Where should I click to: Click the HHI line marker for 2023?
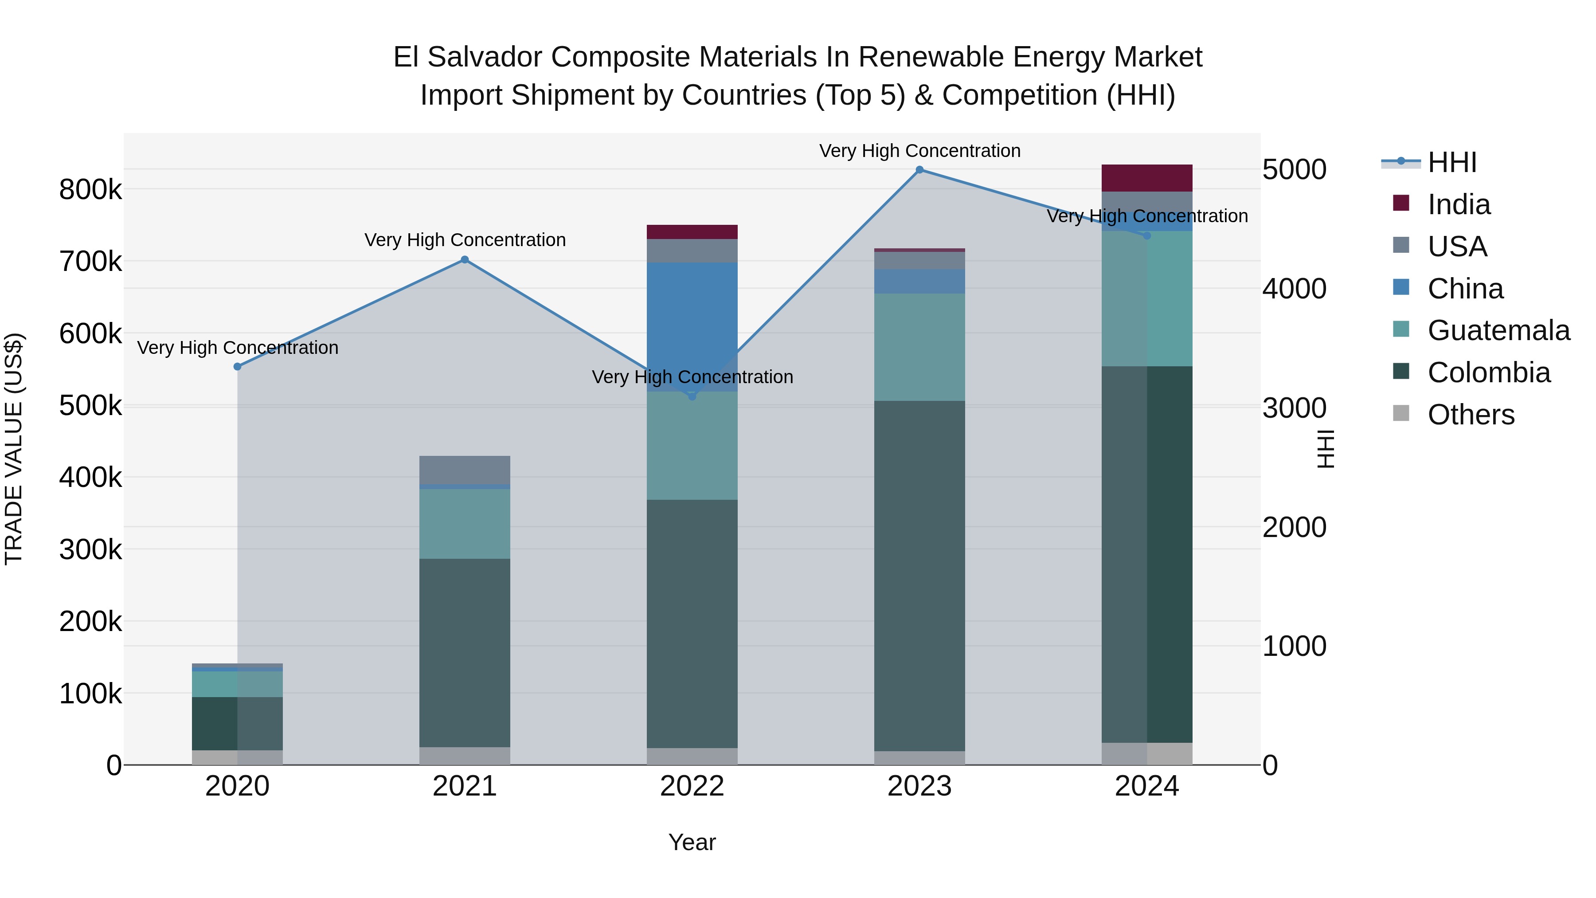click(x=919, y=170)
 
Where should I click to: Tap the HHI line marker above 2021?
click(x=465, y=260)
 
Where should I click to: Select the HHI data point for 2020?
click(x=237, y=367)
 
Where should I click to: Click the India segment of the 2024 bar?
click(x=1147, y=178)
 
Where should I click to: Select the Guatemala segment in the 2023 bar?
click(x=919, y=347)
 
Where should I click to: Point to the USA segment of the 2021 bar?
click(x=465, y=470)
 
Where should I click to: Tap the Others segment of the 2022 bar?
click(x=692, y=756)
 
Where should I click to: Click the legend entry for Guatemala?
click(x=1498, y=330)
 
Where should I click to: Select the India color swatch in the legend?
click(x=1401, y=203)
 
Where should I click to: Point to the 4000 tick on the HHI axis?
click(x=1294, y=289)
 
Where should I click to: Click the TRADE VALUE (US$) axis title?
click(x=14, y=449)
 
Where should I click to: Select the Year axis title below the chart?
click(x=692, y=842)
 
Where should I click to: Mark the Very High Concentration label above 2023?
click(x=919, y=151)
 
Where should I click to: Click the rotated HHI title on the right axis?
click(x=1325, y=449)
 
